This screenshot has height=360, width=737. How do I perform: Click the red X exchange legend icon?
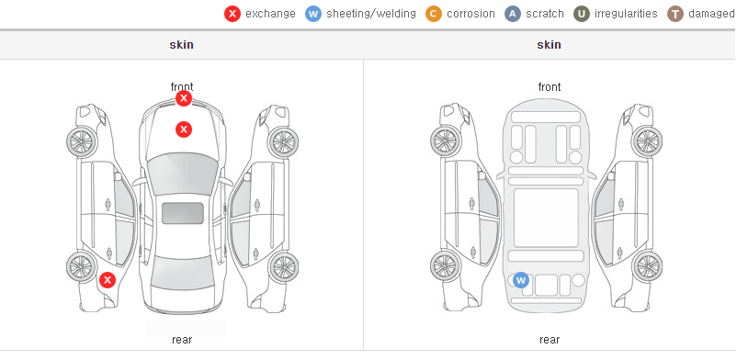coord(232,14)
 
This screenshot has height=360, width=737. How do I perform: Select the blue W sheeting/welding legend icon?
coord(313,14)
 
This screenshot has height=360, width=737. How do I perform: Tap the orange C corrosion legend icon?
coord(434,14)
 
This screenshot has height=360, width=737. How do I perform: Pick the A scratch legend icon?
coord(513,14)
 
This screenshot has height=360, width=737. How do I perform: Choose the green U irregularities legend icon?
coord(582,14)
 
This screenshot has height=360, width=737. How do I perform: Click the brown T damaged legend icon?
coord(675,14)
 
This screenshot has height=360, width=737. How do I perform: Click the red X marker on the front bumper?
coord(184,98)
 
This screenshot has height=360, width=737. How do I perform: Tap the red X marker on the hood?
coord(184,129)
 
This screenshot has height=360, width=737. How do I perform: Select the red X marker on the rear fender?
coord(108,281)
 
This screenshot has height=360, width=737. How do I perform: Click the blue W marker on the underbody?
coord(520,281)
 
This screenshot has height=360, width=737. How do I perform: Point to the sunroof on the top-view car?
coord(183,213)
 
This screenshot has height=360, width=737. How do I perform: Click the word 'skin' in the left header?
coord(181,45)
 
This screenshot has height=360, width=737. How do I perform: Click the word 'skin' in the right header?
coord(549,45)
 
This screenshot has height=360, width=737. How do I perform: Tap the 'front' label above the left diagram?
coord(182,87)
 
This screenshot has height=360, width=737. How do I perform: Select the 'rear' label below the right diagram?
coord(550,340)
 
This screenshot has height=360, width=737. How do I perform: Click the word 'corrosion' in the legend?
coord(471,14)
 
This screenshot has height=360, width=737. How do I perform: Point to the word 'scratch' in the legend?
coord(545,14)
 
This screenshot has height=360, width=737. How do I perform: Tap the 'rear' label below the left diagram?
coord(182,340)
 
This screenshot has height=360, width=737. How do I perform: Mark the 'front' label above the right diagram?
coord(550,87)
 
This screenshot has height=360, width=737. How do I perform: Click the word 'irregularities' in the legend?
coord(626,14)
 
